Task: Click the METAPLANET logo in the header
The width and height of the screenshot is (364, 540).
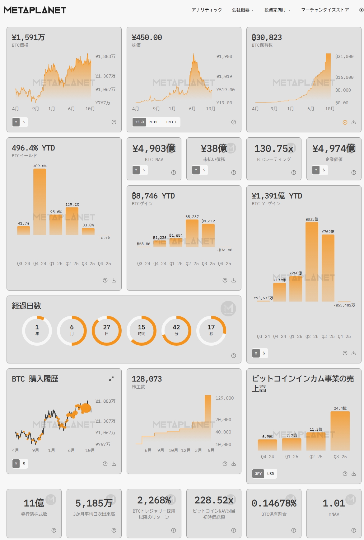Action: tap(35, 10)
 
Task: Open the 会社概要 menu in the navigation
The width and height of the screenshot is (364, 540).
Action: tap(243, 10)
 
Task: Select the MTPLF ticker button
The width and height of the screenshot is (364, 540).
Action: tap(155, 122)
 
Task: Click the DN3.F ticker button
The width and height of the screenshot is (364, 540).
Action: tap(172, 122)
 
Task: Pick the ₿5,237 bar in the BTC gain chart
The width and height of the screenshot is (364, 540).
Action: tap(192, 233)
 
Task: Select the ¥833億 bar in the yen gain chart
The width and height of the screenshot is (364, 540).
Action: tap(312, 262)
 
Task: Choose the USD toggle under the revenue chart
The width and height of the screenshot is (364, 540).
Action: tap(271, 474)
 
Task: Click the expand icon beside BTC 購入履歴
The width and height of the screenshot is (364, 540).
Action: tap(111, 379)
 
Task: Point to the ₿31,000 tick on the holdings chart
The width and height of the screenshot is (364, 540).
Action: tap(344, 57)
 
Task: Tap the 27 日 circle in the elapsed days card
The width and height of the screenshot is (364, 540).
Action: tap(107, 330)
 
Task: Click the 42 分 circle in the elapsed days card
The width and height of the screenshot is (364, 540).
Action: tap(176, 330)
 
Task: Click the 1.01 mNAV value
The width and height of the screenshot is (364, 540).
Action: tap(334, 503)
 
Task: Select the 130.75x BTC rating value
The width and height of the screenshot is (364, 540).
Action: tap(274, 149)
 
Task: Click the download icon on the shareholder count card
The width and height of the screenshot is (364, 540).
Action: tap(234, 464)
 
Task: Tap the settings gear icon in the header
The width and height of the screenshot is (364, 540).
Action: tap(361, 10)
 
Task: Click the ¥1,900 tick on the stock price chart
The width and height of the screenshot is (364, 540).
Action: tap(224, 57)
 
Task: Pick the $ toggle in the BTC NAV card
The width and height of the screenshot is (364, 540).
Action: tap(144, 170)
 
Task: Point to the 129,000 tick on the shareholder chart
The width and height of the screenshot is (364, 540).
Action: tap(224, 398)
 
